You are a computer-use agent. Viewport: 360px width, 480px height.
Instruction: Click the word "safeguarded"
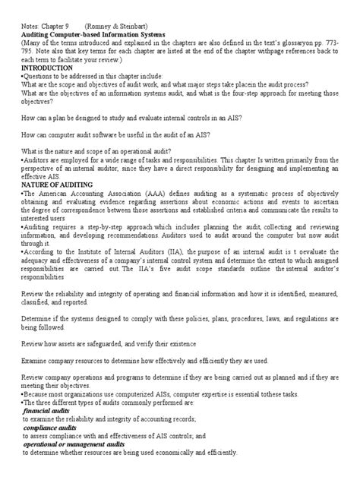pos(115,342)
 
